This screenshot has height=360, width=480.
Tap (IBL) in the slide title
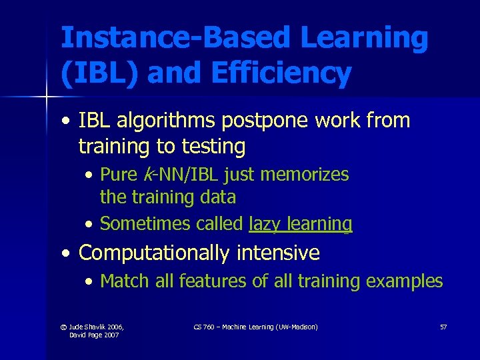[99, 73]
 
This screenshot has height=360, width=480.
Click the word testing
[211, 145]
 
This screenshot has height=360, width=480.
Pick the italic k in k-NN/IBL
[146, 175]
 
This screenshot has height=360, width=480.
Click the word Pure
[119, 175]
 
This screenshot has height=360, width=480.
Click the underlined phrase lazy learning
[300, 224]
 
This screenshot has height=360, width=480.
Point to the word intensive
[281, 253]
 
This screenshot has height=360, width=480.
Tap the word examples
[405, 281]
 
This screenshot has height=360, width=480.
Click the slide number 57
[443, 327]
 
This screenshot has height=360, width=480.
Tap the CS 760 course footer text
[255, 327]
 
